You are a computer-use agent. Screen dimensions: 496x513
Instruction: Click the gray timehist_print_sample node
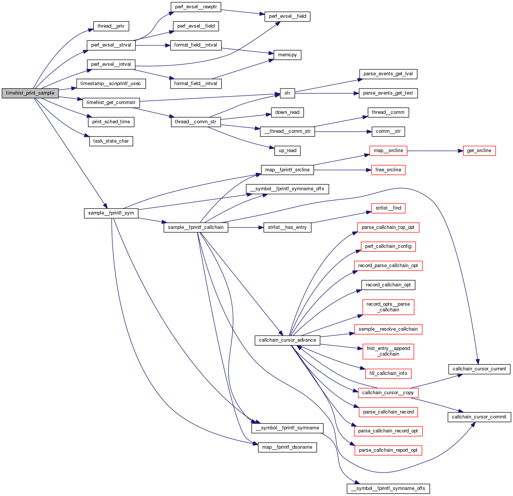pyautogui.click(x=30, y=93)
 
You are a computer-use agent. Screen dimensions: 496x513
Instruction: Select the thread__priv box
pyautogui.click(x=111, y=26)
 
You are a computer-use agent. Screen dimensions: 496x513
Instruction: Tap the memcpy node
pyautogui.click(x=288, y=55)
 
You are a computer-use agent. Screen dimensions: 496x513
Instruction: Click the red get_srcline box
pyautogui.click(x=479, y=151)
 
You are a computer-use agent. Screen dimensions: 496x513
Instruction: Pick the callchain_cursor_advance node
pyautogui.click(x=288, y=340)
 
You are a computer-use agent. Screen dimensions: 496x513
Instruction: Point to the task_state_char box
pyautogui.click(x=111, y=141)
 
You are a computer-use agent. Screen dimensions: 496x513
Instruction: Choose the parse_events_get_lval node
pyautogui.click(x=388, y=74)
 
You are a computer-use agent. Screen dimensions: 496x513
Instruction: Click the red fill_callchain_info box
pyautogui.click(x=388, y=373)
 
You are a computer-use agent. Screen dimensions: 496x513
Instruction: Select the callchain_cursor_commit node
pyautogui.click(x=479, y=417)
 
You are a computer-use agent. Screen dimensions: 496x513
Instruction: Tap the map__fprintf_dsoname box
pyautogui.click(x=288, y=447)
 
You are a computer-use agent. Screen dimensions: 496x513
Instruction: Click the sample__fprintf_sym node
pyautogui.click(x=111, y=213)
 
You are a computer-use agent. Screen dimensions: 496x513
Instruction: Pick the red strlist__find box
pyautogui.click(x=388, y=208)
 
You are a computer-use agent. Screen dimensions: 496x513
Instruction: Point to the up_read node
pyautogui.click(x=288, y=151)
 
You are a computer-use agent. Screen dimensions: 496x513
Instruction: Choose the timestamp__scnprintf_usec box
pyautogui.click(x=111, y=83)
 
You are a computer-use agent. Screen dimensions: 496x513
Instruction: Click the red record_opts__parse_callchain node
pyautogui.click(x=388, y=307)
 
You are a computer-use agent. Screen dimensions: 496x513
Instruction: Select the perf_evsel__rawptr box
pyautogui.click(x=196, y=7)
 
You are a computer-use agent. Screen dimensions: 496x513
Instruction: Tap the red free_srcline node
pyautogui.click(x=388, y=170)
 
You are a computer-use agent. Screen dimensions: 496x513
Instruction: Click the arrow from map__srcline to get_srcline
pyautogui.click(x=435, y=151)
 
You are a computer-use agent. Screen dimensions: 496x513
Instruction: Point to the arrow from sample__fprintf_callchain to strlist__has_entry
pyautogui.click(x=246, y=227)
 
